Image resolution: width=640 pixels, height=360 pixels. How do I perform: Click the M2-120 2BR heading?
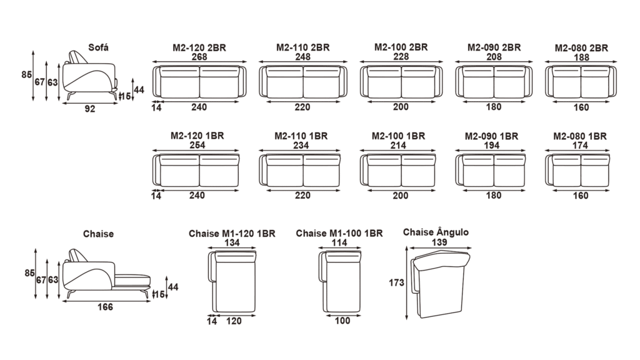(x=199, y=47)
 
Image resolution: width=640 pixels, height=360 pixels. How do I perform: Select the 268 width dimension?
(x=199, y=57)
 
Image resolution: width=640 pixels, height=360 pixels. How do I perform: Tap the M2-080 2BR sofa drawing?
(x=581, y=82)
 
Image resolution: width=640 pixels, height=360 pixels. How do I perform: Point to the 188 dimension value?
(x=581, y=57)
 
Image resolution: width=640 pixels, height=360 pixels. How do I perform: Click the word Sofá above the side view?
(x=98, y=47)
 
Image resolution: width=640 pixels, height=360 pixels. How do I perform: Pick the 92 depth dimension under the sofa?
(x=90, y=109)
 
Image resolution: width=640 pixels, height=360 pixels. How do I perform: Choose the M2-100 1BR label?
(x=398, y=136)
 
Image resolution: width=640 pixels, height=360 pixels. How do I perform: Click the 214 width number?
(x=398, y=145)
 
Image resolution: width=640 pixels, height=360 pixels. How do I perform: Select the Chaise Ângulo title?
(x=436, y=232)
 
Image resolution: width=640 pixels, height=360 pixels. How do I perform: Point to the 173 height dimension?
(x=396, y=282)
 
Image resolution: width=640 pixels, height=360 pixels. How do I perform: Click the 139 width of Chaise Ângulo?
(x=439, y=242)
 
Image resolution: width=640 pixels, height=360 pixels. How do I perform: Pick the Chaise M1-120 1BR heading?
(x=232, y=234)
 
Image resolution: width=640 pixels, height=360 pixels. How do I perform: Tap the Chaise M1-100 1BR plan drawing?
(x=339, y=282)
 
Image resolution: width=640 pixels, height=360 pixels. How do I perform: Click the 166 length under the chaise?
(x=105, y=307)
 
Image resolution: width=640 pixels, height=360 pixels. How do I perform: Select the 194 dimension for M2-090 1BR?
(x=491, y=145)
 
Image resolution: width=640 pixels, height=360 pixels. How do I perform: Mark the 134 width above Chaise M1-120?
(x=232, y=243)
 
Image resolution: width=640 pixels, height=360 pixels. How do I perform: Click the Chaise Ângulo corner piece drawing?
(x=440, y=284)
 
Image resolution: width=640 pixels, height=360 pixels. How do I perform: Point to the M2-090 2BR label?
(x=494, y=47)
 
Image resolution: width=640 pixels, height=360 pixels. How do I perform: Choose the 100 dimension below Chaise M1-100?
(x=342, y=321)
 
